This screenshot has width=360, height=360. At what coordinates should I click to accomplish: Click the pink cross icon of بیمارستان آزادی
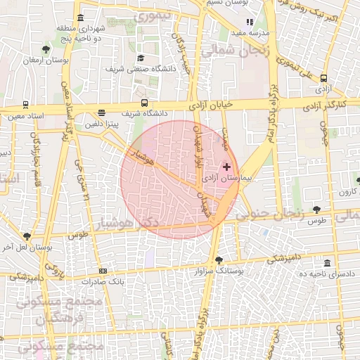point(226,167)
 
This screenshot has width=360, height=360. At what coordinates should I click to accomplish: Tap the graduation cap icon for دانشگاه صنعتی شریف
point(140,58)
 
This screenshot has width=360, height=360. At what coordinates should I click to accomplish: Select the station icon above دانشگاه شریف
point(144,103)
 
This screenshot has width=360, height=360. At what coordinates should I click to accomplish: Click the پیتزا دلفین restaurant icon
point(102,112)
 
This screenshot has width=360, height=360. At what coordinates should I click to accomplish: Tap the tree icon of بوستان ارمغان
point(46,49)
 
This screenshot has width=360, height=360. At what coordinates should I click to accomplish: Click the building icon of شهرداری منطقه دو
point(81,18)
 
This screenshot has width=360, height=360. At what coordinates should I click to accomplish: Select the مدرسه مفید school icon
point(250,22)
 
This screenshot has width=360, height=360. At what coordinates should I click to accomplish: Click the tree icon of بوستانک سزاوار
point(219,260)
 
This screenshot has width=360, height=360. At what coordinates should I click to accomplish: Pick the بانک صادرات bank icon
point(103,271)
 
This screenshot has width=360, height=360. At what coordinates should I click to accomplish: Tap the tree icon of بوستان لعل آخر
point(27,236)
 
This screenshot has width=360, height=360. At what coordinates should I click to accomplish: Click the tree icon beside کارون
point(358,181)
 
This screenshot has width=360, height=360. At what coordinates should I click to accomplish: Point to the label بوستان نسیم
point(224,4)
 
